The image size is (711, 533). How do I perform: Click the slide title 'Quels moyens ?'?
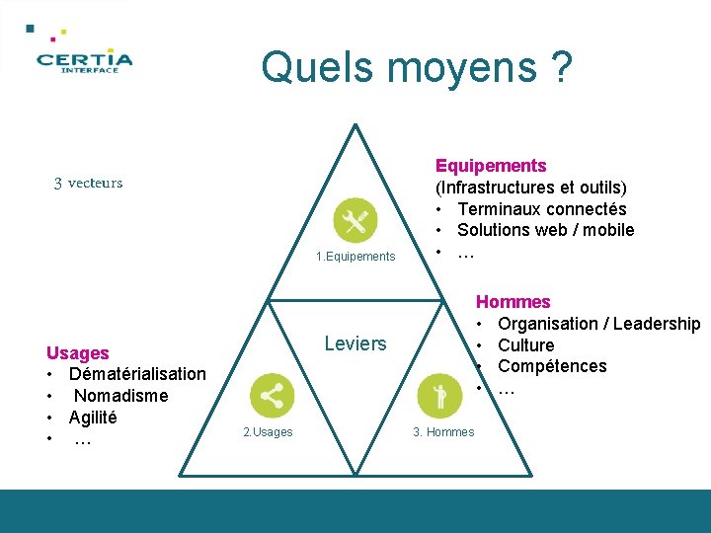coord(416,68)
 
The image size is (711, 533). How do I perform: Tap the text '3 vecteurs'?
coord(88,183)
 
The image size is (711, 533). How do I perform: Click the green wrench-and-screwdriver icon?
coord(355,221)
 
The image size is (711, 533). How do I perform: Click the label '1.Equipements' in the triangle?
coord(355,257)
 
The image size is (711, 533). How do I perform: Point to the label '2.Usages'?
coord(268,432)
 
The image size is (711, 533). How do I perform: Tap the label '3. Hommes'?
coord(443,432)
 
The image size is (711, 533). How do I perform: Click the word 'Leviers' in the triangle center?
coord(355,343)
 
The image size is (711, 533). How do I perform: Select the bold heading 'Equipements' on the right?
coord(491,165)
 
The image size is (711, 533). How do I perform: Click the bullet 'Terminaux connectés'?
coord(541,208)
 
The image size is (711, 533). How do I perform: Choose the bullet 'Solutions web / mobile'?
coord(545,230)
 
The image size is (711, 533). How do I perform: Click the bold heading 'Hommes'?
coord(513,302)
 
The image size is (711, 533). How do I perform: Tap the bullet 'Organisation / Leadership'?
coord(598,324)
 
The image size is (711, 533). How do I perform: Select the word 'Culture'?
coord(526,344)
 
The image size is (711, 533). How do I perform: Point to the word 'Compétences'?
coord(552,366)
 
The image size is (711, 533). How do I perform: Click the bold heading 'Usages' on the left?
coord(78,352)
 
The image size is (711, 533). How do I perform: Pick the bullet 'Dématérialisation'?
coord(137,374)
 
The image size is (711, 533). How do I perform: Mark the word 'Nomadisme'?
coord(121,396)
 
